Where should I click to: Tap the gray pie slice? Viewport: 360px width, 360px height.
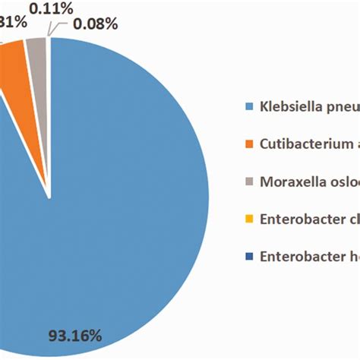(36, 49)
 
